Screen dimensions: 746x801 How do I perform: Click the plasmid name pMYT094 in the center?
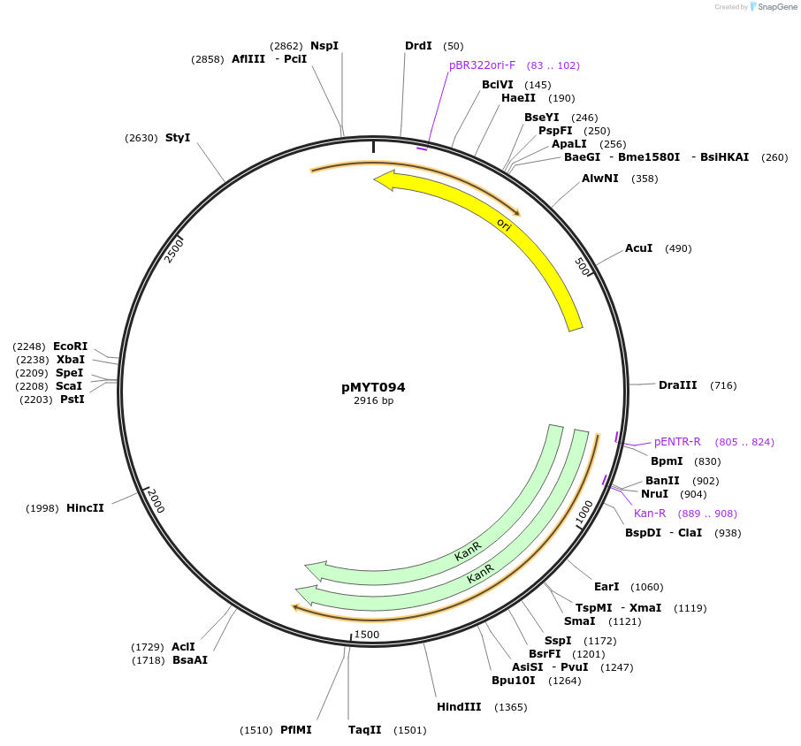tap(373, 387)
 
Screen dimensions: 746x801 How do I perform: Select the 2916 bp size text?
tap(373, 401)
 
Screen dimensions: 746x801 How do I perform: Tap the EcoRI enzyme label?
tap(71, 346)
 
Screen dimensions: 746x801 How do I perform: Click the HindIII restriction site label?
tap(459, 707)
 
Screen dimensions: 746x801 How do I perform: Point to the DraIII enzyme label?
tap(677, 385)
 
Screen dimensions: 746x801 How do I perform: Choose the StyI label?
tap(177, 138)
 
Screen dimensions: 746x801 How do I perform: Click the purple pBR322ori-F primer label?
tap(482, 65)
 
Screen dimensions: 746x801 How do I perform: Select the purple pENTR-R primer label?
tap(677, 442)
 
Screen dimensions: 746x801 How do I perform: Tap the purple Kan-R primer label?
tap(650, 514)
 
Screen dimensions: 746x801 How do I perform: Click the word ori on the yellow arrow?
tap(504, 225)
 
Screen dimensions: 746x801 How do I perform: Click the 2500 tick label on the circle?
tap(175, 249)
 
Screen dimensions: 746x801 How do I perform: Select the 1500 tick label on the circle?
tap(366, 635)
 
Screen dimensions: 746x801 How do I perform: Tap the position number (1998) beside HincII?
tap(42, 508)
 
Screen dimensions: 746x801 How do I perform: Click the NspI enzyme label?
tap(324, 46)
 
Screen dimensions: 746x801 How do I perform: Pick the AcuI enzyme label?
tap(638, 248)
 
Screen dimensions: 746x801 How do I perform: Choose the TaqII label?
tap(364, 730)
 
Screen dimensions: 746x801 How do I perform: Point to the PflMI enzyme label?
tap(295, 730)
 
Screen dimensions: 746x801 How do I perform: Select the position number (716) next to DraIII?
tap(722, 385)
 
